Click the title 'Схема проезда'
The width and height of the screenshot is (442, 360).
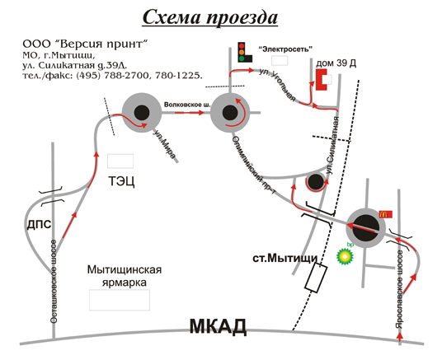210,17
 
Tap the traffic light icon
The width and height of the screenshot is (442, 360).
244,53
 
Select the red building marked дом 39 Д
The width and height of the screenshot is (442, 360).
321,80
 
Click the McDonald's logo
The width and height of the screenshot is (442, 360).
386,214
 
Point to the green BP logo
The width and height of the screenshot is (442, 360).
345,255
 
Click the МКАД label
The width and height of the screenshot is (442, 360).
218,327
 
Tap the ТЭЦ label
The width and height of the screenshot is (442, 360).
121,181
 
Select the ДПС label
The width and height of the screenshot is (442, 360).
39,225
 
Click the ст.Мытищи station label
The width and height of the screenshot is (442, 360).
285,258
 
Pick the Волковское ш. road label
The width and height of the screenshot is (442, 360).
187,105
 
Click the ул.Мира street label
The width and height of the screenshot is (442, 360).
164,144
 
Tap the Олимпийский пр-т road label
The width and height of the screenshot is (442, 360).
254,166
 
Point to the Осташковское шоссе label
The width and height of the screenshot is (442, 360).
54,282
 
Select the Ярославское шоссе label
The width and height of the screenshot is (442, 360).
399,289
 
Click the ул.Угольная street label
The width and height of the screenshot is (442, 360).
277,84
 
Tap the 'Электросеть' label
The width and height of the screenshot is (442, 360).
285,49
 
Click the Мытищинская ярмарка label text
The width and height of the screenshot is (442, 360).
125,276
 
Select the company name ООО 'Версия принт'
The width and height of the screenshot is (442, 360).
85,44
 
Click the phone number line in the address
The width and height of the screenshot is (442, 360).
112,76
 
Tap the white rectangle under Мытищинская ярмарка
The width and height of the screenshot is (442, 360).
120,300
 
